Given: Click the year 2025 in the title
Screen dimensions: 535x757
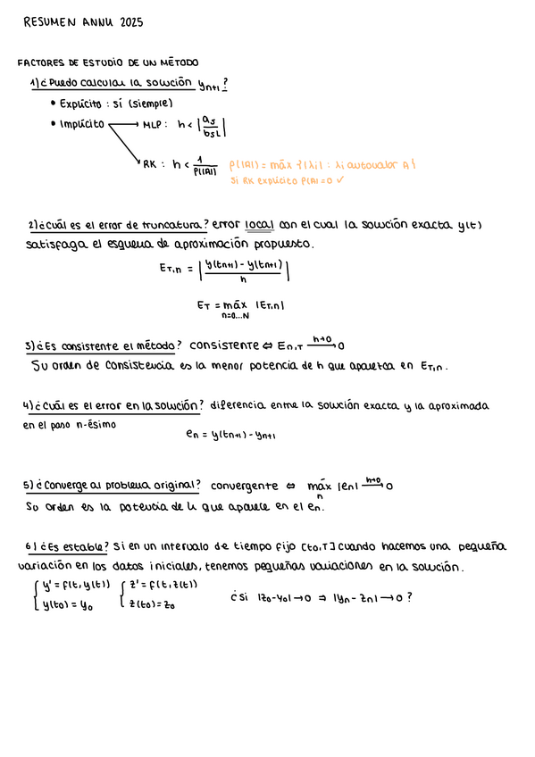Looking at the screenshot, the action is (130, 21).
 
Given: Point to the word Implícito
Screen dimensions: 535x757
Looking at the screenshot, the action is (82, 124).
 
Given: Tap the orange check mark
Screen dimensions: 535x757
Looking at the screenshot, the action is (340, 180).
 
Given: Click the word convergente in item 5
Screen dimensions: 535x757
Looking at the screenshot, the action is (245, 487).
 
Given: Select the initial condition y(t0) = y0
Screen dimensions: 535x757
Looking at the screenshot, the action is (62, 605).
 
